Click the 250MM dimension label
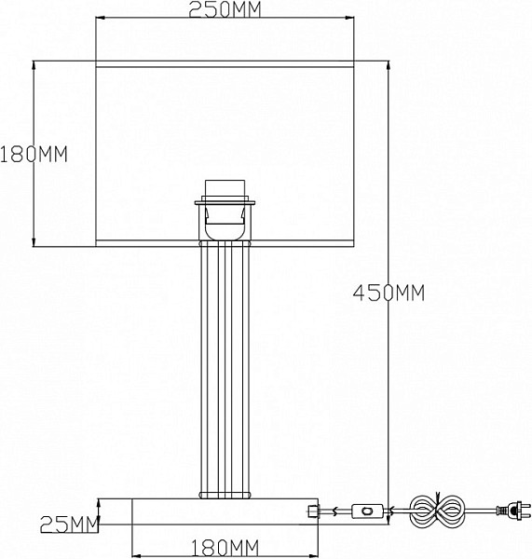(x=225, y=9)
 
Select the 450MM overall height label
(x=389, y=293)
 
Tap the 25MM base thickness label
(x=69, y=525)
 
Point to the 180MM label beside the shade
(x=34, y=155)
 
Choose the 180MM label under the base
(x=225, y=548)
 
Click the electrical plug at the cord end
(x=511, y=511)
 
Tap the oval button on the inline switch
(x=367, y=511)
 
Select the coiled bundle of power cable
(x=437, y=511)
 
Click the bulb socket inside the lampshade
(x=225, y=211)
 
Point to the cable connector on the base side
(x=312, y=511)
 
